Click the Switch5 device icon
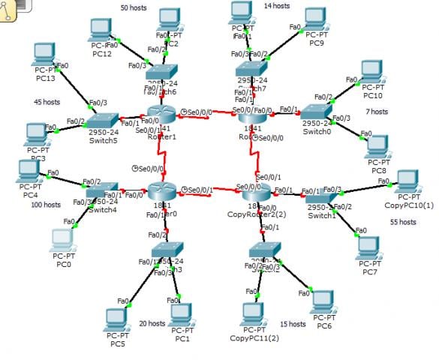point(101,121)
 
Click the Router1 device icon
point(160,115)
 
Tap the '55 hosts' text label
point(403,222)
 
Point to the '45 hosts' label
point(47,101)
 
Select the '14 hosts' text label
point(276,6)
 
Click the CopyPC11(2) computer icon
point(254,314)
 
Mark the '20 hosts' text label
point(152,323)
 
